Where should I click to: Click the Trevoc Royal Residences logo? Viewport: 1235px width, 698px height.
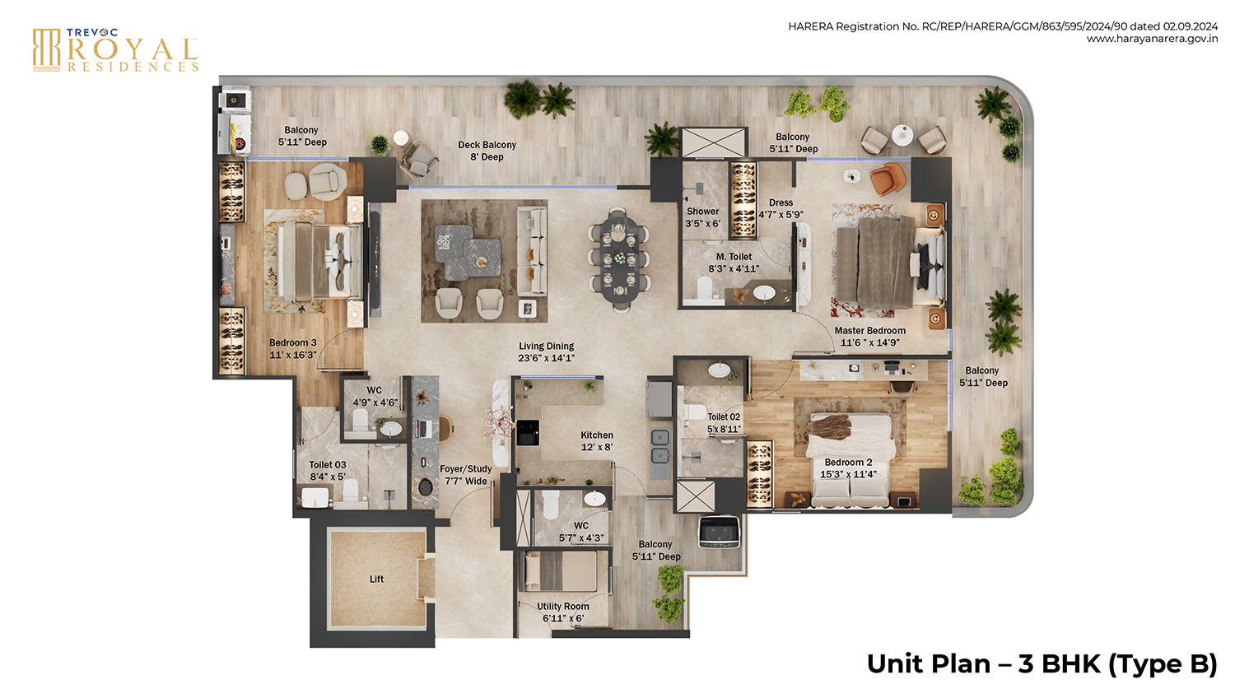click(x=115, y=50)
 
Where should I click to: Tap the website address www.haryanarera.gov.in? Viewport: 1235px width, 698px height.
click(x=1152, y=39)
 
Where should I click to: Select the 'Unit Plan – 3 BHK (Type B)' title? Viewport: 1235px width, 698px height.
click(x=1042, y=663)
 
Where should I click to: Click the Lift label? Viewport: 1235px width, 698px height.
click(x=376, y=579)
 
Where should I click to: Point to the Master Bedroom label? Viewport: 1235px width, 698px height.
click(x=869, y=331)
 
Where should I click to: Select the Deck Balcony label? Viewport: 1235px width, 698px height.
click(x=487, y=145)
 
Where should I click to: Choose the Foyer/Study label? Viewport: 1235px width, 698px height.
click(x=466, y=469)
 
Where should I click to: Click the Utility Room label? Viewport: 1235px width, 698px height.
click(x=563, y=607)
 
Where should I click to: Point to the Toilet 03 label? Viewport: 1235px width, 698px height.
click(x=328, y=465)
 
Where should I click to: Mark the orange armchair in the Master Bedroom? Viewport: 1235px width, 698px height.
click(x=886, y=179)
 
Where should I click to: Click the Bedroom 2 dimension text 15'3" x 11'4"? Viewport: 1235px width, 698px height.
click(x=848, y=474)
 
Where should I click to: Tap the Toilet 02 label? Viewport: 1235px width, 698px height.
click(x=724, y=417)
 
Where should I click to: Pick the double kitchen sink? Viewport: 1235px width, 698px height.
click(x=659, y=446)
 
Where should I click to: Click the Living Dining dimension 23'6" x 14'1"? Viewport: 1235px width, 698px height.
click(x=546, y=358)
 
